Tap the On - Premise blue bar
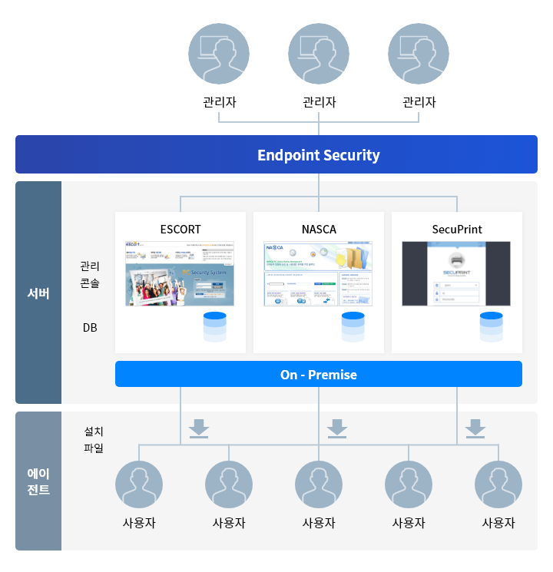pyautogui.click(x=318, y=375)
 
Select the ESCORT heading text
pyautogui.click(x=180, y=229)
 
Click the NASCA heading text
pyautogui.click(x=319, y=229)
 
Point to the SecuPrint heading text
pyautogui.click(x=457, y=229)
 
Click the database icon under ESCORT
pyautogui.click(x=215, y=327)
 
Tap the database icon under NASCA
pyautogui.click(x=353, y=327)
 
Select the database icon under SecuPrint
pyautogui.click(x=492, y=327)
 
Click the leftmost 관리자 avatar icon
pyautogui.click(x=219, y=55)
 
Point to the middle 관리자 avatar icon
pyautogui.click(x=319, y=55)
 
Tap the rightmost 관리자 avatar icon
pyautogui.click(x=419, y=55)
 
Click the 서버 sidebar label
pyautogui.click(x=38, y=293)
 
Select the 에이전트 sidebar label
pyautogui.click(x=38, y=481)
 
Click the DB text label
pyautogui.click(x=90, y=328)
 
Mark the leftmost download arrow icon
pyautogui.click(x=199, y=428)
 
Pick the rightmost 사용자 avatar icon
pyautogui.click(x=498, y=485)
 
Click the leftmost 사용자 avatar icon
pyautogui.click(x=139, y=485)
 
